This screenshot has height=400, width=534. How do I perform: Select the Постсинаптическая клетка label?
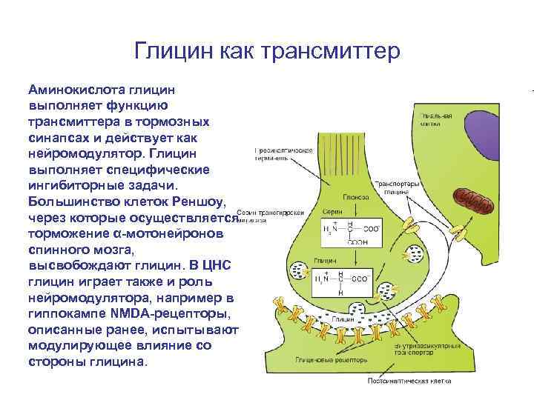[407, 382]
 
